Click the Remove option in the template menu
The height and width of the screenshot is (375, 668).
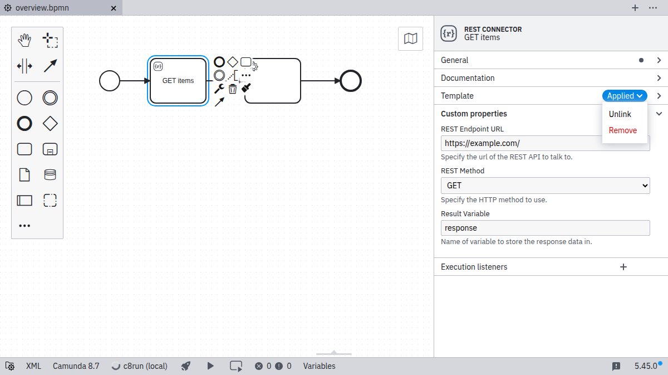tap(622, 130)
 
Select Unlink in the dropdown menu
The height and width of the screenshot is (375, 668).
tap(620, 114)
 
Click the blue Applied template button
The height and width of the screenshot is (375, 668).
tap(625, 96)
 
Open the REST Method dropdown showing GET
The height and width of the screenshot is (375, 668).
tap(545, 186)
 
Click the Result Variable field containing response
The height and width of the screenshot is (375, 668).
tap(545, 228)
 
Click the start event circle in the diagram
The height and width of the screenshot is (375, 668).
tap(110, 81)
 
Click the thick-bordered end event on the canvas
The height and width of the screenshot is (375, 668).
tap(351, 81)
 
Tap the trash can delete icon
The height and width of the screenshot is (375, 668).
tap(233, 89)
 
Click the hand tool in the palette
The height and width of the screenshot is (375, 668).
tap(24, 40)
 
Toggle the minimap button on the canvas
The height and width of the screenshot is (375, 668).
tap(410, 38)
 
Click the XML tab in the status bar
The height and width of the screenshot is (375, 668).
tap(33, 366)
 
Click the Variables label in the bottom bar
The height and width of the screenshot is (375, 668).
tap(319, 366)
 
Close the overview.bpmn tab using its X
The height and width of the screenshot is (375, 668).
tap(114, 8)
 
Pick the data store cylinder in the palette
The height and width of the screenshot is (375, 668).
tap(50, 174)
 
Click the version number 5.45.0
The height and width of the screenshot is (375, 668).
tap(646, 366)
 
